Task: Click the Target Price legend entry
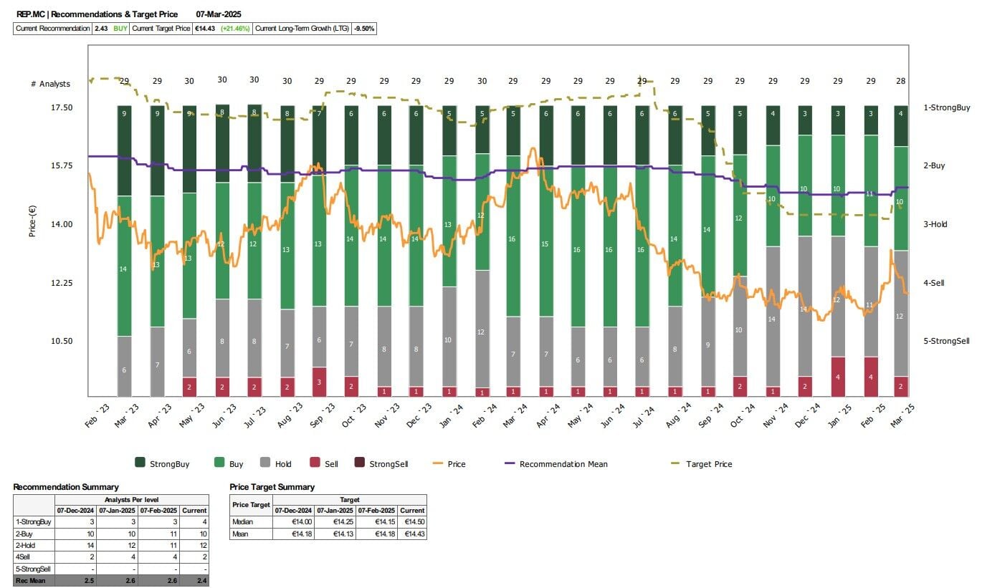tap(708, 464)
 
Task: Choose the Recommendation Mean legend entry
tap(563, 464)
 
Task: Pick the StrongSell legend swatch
tap(359, 463)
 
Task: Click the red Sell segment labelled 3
tap(319, 382)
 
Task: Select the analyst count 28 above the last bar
tap(900, 81)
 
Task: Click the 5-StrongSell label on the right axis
tap(946, 341)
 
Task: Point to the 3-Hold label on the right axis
tap(935, 224)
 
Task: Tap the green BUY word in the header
tap(120, 29)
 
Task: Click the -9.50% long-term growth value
tap(364, 29)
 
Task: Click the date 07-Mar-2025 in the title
tap(223, 14)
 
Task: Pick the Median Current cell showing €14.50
tap(412, 522)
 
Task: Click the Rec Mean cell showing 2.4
tap(194, 581)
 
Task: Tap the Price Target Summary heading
tap(272, 487)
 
